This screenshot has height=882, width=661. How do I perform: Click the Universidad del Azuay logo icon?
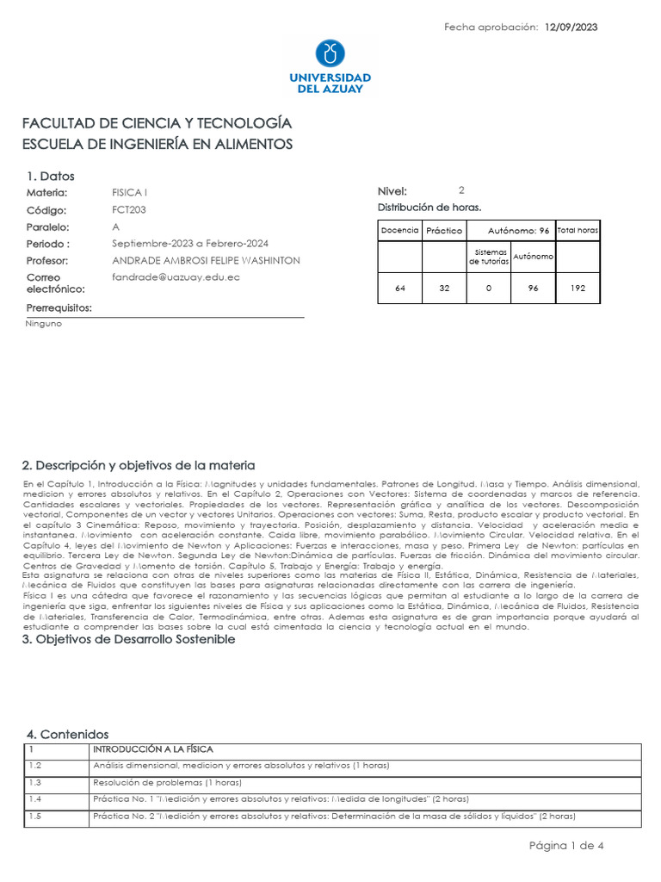click(x=330, y=53)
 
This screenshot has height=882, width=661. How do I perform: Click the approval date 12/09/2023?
click(x=571, y=28)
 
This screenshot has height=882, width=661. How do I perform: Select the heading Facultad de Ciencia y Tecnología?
click(x=157, y=123)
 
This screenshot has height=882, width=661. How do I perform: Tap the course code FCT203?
click(x=129, y=209)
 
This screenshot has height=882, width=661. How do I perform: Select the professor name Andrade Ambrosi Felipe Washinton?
click(x=206, y=260)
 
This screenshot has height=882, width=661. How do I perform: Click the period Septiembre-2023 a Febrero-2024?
click(x=189, y=244)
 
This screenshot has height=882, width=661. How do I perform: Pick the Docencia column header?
click(x=399, y=231)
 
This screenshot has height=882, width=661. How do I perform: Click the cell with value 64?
click(x=399, y=289)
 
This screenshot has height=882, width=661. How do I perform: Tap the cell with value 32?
click(x=444, y=289)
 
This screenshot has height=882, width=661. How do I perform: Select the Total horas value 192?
click(x=578, y=289)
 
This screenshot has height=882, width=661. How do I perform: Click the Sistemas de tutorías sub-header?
click(x=488, y=258)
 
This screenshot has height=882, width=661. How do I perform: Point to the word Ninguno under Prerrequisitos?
click(x=45, y=324)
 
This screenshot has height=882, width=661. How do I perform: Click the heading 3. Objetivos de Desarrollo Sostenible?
click(x=128, y=639)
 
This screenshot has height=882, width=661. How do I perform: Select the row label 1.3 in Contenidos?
click(x=35, y=783)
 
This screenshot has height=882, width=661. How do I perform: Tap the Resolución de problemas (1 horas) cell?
click(x=167, y=783)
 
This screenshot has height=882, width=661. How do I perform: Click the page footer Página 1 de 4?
click(x=566, y=845)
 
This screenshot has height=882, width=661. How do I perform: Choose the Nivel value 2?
click(x=461, y=190)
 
